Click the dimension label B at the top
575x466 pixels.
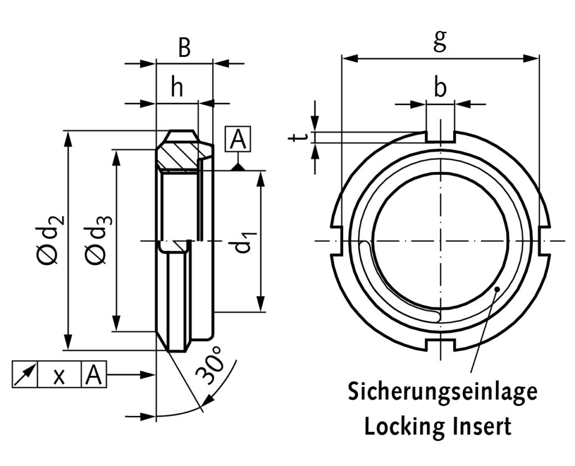184,49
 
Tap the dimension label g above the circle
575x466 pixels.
440,40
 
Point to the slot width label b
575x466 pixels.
440,88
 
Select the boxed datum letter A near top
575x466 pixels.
238,140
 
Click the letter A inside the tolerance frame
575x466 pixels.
94,374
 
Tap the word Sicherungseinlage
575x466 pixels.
442,392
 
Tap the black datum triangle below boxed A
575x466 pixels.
238,166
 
